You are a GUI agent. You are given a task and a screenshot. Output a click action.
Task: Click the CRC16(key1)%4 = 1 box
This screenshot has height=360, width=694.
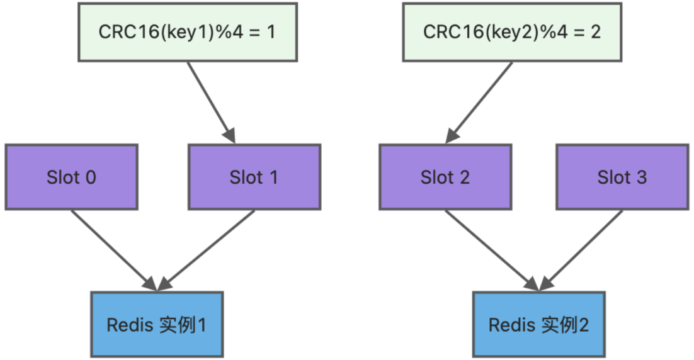click(187, 33)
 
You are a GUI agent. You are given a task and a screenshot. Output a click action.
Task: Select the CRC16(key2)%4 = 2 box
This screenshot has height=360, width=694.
click(511, 33)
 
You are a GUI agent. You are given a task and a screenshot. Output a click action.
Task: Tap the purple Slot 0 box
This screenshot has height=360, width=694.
click(71, 177)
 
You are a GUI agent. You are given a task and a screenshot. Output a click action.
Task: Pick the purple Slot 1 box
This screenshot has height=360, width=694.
click(254, 177)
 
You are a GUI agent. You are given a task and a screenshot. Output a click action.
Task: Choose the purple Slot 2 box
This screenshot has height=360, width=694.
click(445, 177)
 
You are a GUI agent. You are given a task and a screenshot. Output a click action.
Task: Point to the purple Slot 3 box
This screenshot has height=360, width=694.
click(622, 177)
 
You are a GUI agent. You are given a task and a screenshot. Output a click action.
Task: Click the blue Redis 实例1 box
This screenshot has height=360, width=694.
click(157, 325)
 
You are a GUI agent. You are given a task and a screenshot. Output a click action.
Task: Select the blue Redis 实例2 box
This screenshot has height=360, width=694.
click(539, 325)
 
